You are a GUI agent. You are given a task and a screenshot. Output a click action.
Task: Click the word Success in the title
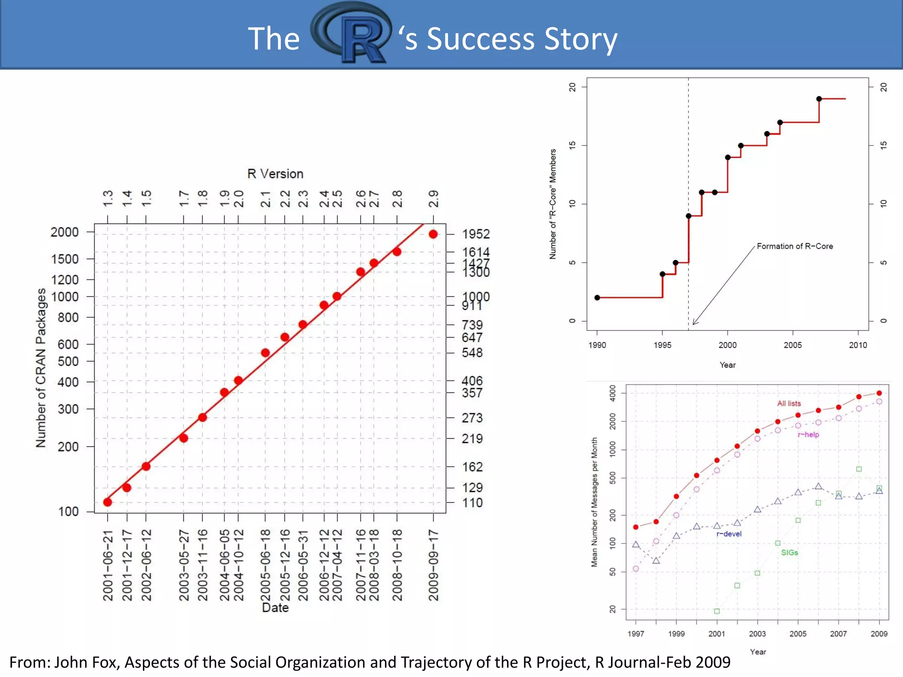(481, 39)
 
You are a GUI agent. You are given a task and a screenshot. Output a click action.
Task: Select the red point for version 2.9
(433, 234)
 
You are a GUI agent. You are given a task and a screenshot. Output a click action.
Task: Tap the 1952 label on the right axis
(475, 234)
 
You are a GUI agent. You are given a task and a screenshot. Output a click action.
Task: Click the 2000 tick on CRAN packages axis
(64, 232)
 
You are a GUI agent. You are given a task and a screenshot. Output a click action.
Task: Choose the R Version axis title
(275, 174)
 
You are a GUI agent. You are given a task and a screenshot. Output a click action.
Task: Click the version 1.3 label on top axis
(108, 198)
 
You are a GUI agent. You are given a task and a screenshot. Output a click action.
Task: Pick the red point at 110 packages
(108, 502)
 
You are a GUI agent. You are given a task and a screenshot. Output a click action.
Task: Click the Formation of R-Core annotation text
(795, 246)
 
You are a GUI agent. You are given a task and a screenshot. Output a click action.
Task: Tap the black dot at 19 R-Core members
(819, 99)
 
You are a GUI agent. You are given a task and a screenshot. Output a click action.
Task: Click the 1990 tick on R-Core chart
(597, 345)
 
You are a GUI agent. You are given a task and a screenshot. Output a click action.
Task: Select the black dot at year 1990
(597, 298)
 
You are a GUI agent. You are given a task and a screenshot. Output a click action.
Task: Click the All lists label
(788, 403)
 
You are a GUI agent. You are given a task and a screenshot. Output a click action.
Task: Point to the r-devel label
(728, 534)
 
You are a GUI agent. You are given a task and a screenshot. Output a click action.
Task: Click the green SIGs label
(789, 553)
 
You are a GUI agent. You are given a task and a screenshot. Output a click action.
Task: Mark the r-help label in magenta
(808, 435)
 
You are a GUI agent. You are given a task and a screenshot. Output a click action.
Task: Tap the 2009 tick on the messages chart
(879, 633)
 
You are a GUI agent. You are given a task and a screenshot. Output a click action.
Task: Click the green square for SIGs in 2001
(717, 611)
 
